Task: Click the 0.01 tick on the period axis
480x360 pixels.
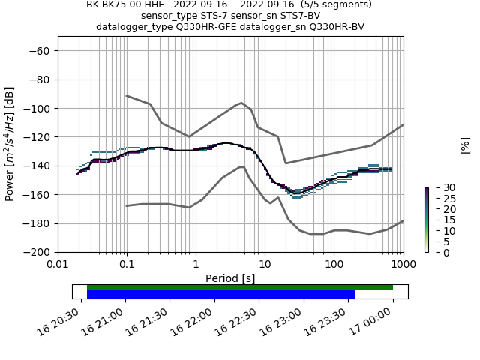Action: (x=58, y=263)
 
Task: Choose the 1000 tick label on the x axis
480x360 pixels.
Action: (x=403, y=263)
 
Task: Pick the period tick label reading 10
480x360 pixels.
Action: (x=265, y=263)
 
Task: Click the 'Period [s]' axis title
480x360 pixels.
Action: (x=230, y=277)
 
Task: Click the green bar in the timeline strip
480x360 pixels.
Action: (x=240, y=287)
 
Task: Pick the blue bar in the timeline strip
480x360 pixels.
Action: (x=220, y=295)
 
